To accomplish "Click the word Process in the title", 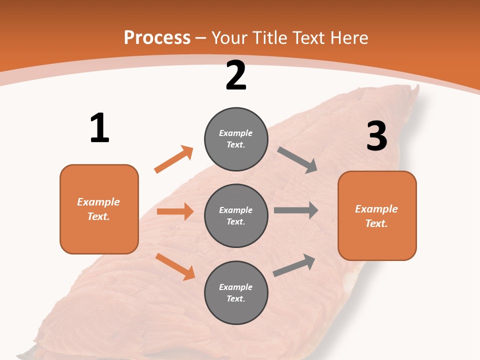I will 157,38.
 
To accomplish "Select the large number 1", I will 99,128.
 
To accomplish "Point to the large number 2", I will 236,76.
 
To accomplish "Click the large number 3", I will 376,136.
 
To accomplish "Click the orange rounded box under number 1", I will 99,209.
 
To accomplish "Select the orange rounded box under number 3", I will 377,215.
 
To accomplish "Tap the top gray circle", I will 236,139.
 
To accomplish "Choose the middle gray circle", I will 236,215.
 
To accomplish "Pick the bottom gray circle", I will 236,292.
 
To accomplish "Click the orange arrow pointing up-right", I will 173,159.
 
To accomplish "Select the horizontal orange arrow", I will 175,211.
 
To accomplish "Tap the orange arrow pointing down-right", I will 175,266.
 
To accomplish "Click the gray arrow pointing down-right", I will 297,160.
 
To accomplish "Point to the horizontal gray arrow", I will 296,210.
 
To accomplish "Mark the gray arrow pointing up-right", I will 294,265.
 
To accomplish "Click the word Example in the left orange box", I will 98,202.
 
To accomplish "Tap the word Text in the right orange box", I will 376,223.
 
